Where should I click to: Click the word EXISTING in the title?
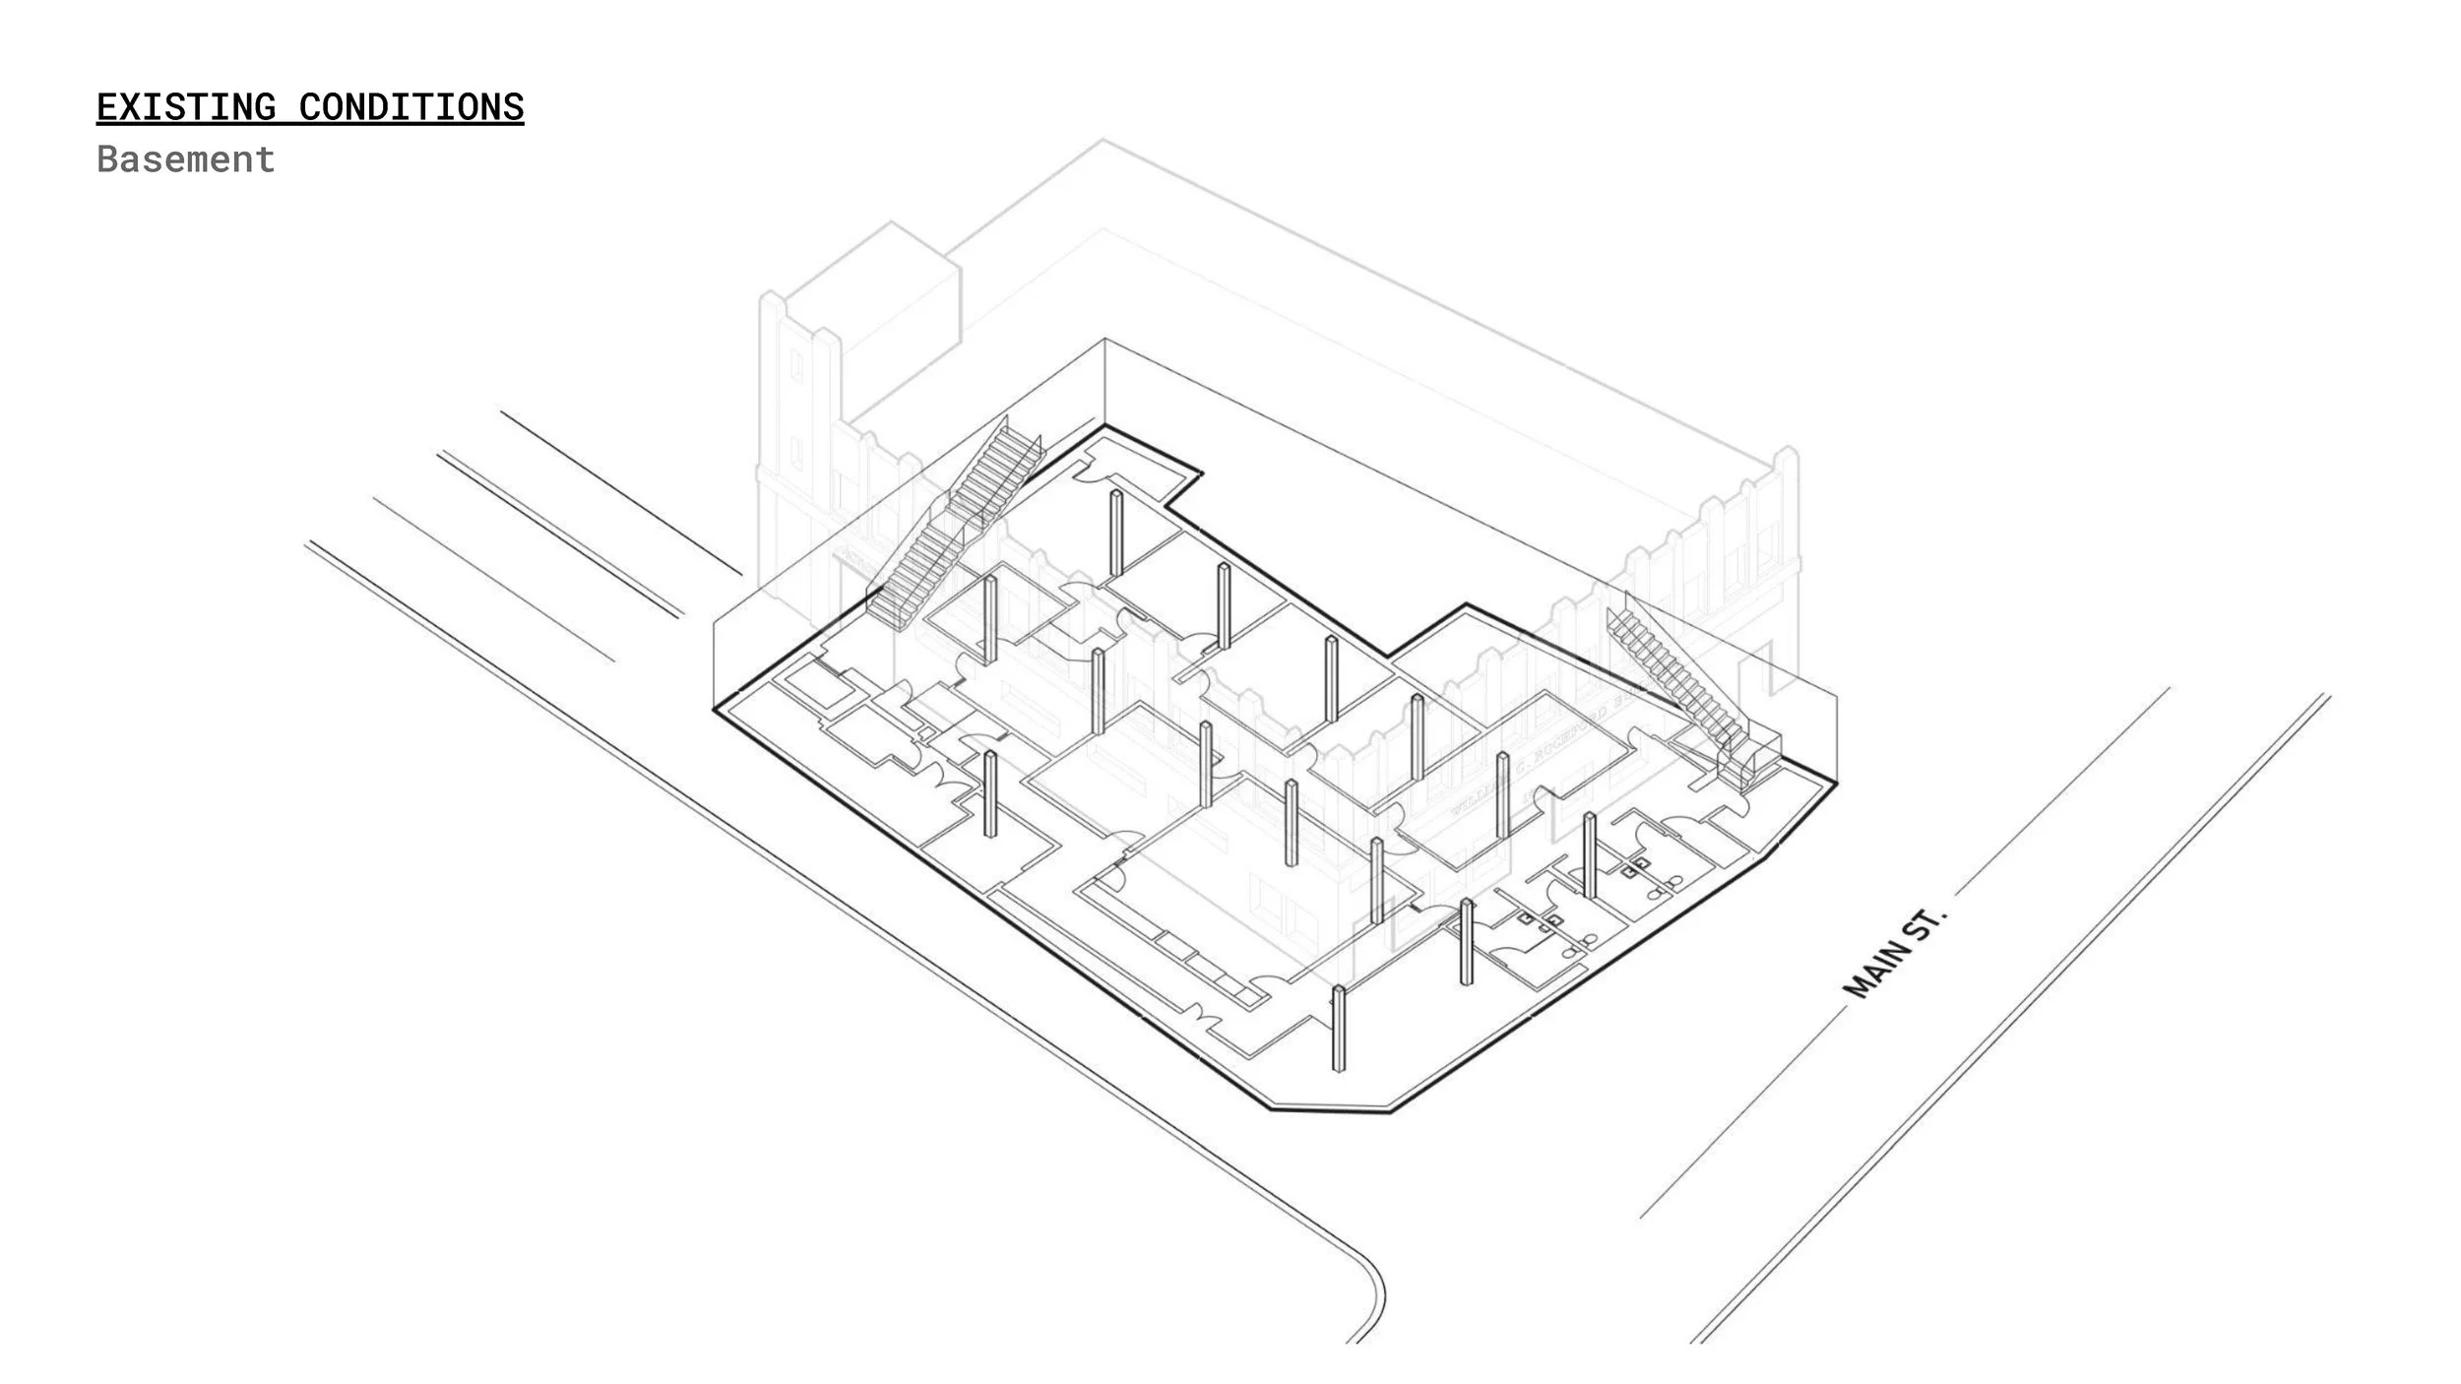186,107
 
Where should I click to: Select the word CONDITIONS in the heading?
410,107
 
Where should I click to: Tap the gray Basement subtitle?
186,159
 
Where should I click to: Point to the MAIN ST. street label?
1895,953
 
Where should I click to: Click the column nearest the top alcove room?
1116,533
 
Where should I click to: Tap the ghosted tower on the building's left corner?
797,394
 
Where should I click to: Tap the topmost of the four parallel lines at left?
620,492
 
